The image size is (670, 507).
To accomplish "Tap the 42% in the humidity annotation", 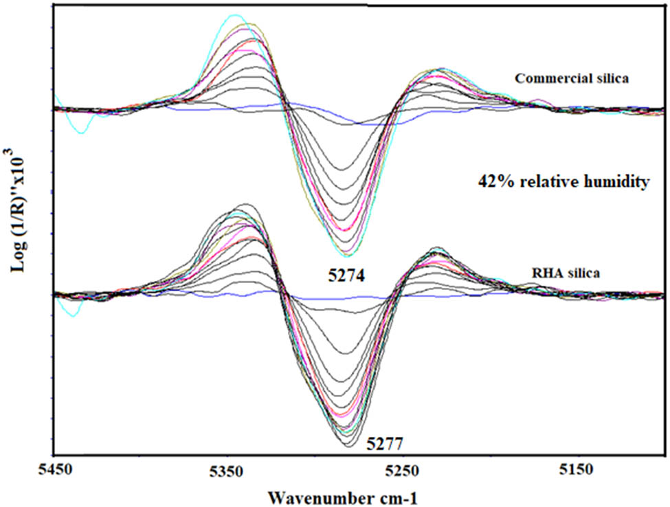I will [x=492, y=182].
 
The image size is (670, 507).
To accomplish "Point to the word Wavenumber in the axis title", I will [x=307, y=497].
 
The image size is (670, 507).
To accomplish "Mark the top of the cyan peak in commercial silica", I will [x=235, y=14].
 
